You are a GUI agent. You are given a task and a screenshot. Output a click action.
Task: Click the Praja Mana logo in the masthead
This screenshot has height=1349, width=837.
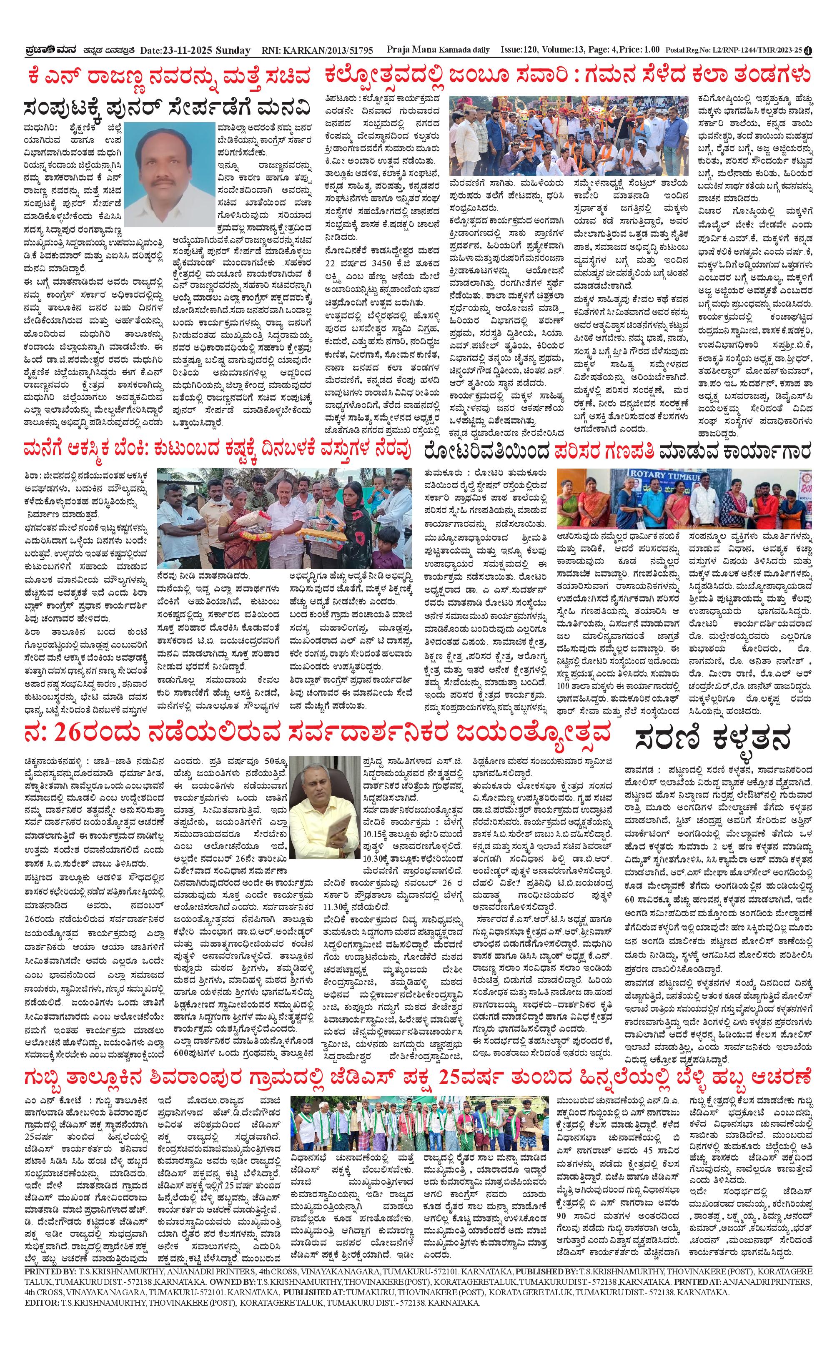point(48,50)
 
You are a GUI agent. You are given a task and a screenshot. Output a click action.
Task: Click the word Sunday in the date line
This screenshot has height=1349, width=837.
point(233,50)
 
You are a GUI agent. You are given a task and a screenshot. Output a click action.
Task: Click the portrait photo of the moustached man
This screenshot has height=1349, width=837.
point(169,174)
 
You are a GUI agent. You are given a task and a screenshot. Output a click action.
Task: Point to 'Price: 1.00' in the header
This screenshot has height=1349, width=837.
point(639,50)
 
